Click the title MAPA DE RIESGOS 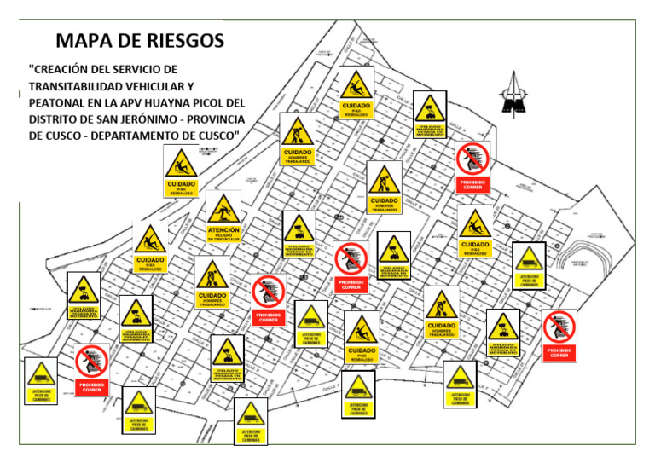[140, 40]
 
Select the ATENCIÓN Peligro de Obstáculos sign [223, 220]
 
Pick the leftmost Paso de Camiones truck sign [41, 381]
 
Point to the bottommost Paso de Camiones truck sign [251, 421]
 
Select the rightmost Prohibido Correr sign [559, 335]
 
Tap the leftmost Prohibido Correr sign [92, 370]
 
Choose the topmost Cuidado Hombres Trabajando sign [298, 139]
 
